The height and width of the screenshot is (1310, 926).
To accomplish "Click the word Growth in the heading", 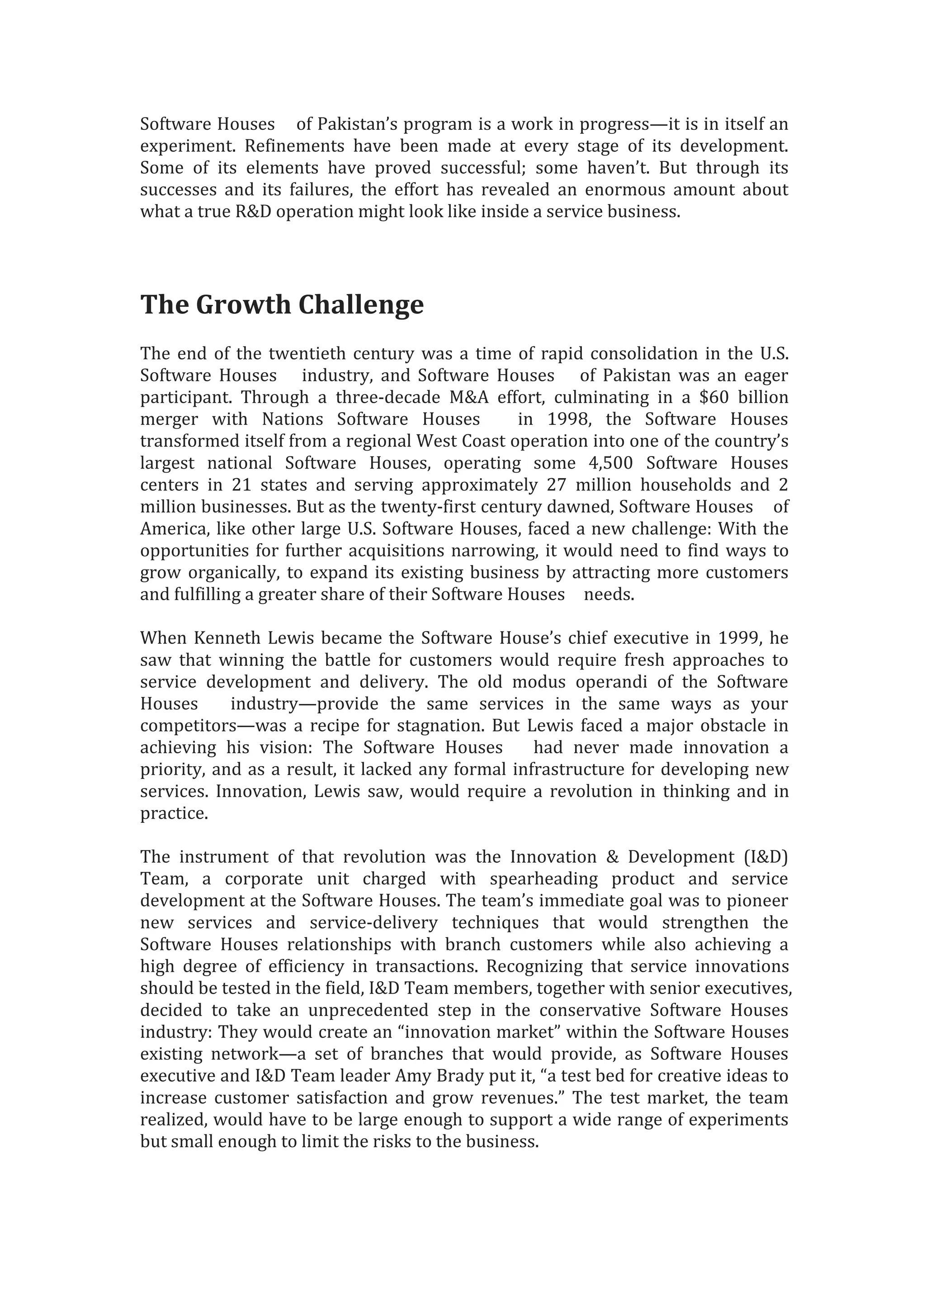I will [x=243, y=305].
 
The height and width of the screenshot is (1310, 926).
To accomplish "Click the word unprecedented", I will [x=368, y=1011].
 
